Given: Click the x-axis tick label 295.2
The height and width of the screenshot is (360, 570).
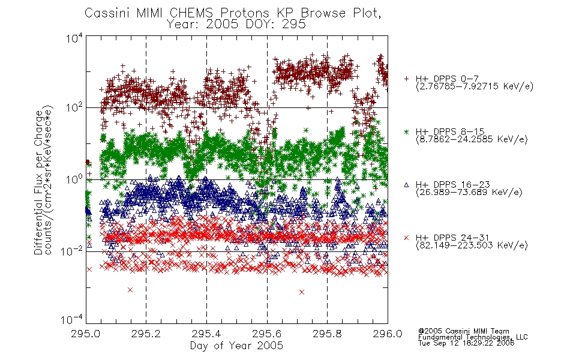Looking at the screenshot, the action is coord(146,334).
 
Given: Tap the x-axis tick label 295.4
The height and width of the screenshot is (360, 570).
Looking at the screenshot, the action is coord(206,334).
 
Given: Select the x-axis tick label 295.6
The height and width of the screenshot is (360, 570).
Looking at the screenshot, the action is coord(267,334).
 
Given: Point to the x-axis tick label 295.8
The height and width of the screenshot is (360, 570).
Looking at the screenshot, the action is coord(327,334).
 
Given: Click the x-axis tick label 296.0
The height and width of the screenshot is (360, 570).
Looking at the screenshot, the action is coord(388,334).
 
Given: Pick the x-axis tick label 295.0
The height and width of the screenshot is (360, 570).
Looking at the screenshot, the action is coord(86,334).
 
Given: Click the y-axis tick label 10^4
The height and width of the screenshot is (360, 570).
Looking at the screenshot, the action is coord(74,38).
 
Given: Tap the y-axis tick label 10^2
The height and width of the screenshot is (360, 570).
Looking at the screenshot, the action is coord(74,107).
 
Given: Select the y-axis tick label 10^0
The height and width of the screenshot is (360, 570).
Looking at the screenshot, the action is coord(74,179).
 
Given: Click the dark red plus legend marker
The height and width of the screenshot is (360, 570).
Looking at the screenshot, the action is coord(406,79).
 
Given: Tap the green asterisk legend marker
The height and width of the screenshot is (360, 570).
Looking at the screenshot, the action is coord(406,131).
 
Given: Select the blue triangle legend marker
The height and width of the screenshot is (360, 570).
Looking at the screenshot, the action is coord(406,185).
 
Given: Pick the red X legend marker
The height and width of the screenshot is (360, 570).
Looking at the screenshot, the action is coord(406,238).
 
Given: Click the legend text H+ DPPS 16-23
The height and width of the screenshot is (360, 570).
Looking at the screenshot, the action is coord(452,185).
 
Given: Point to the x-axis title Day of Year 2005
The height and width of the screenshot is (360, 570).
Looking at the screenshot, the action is coord(236,346).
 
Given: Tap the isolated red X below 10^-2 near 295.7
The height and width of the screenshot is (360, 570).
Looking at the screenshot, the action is coord(301,292).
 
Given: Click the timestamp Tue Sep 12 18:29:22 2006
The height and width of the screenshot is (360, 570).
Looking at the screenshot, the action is coord(466,343).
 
